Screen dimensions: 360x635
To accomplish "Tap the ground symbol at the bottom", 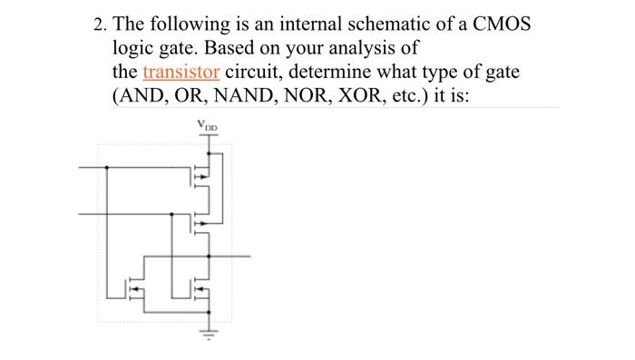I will (210, 332).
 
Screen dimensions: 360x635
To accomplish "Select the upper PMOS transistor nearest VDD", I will (201, 176).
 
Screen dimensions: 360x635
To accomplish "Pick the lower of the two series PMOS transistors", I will (201, 221).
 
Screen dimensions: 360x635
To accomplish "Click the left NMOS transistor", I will (135, 289).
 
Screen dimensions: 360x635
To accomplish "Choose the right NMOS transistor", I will (201, 289).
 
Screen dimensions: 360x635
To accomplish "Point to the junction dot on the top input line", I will (108, 168).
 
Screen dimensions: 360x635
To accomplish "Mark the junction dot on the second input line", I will (173, 214).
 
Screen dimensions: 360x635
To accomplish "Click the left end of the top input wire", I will (79, 168).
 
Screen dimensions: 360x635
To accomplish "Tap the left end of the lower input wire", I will (79, 214).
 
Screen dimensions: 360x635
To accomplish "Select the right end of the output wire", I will (249, 256).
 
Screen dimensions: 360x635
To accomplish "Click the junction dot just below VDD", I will (210, 151).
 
